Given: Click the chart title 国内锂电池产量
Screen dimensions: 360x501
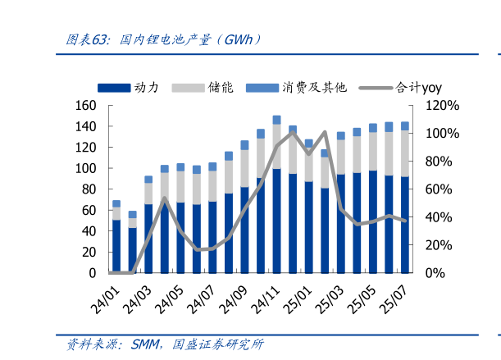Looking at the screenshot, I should [x=168, y=39].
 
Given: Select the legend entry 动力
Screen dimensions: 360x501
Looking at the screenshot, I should [x=147, y=87].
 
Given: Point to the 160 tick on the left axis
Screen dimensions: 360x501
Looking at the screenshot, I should [x=85, y=106].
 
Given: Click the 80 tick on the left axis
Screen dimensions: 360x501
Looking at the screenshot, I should [x=89, y=189].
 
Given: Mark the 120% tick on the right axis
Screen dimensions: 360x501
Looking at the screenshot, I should [x=442, y=106].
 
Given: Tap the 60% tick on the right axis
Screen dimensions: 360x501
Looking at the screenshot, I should [x=439, y=189].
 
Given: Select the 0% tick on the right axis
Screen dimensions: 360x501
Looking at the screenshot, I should [x=435, y=272].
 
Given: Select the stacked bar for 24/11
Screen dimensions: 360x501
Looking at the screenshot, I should [x=277, y=197].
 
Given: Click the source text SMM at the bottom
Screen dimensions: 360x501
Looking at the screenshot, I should [x=145, y=344].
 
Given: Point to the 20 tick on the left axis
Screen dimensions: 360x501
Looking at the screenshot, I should [x=89, y=252].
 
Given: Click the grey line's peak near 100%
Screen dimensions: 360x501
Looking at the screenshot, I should [x=325, y=132].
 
